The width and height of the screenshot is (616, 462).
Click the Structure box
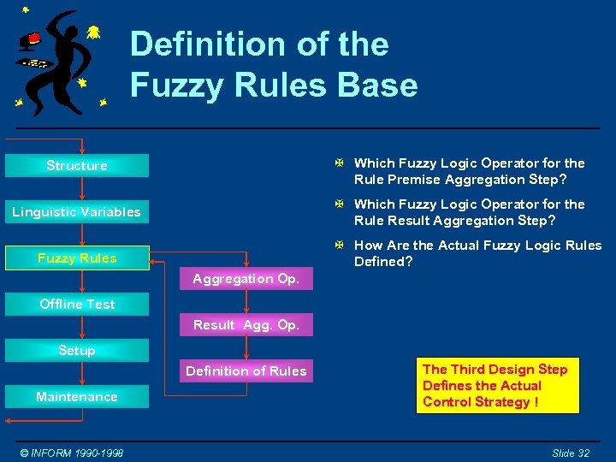[77, 165]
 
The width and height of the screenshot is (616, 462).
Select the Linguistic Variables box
[77, 211]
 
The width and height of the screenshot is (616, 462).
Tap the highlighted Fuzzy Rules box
[77, 258]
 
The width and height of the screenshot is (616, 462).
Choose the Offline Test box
[77, 304]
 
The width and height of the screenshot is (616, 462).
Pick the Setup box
[77, 350]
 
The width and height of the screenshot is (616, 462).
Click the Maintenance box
[77, 396]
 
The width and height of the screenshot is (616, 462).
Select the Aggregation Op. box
[246, 279]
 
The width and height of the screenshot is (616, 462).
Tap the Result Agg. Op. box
[246, 325]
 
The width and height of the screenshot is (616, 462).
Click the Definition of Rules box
[246, 370]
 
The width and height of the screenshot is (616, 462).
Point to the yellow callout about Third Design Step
[497, 385]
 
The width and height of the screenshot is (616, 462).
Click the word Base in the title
[378, 86]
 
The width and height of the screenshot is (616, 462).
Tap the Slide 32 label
[571, 453]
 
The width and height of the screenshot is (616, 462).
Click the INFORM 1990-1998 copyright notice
[72, 453]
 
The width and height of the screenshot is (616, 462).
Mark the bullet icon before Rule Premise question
[340, 163]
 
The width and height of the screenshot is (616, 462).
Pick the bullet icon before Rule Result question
[340, 204]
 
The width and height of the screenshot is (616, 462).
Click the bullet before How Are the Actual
[340, 246]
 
